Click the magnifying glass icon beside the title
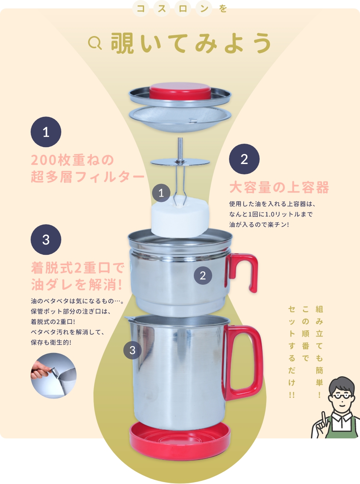pos(95,43)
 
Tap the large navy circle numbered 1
pos(46,132)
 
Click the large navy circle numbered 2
pos(244,159)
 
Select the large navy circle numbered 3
pos(46,240)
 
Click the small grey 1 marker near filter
pos(161,193)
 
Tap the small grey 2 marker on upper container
pos(203,275)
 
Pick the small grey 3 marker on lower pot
pos(133,350)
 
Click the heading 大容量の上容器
pos(279,188)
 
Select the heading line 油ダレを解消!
pos(76,285)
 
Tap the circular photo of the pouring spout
pos(54,376)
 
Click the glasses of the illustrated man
pos(342,397)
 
